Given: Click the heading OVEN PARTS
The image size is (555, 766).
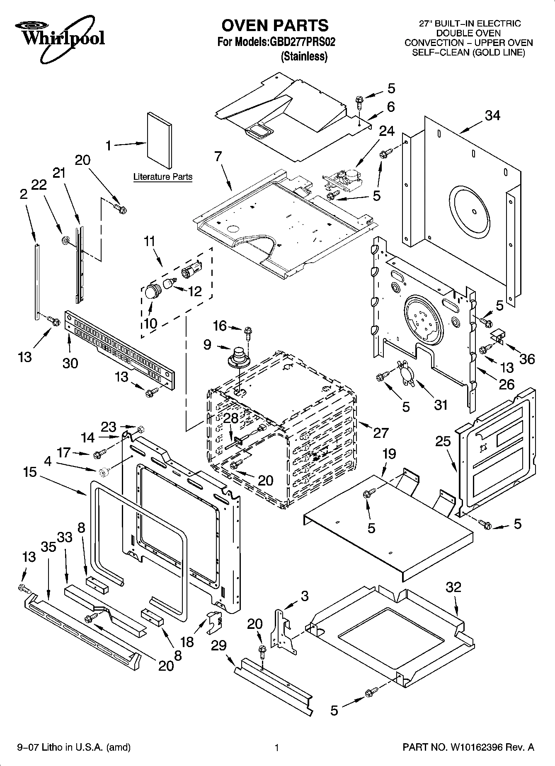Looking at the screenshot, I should pos(274,26).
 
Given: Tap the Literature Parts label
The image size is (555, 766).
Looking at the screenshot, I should pos(162,177).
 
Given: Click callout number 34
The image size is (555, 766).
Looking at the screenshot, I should pos(492,116).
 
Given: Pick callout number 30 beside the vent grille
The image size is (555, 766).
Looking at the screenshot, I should pos(70,363).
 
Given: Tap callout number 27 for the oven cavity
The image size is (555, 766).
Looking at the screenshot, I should pos(381,433).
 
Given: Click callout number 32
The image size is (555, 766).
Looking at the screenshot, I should pos(453,587).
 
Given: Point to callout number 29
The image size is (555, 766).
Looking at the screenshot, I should pos(219,645).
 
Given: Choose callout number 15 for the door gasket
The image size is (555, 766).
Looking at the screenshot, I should pos(30,472).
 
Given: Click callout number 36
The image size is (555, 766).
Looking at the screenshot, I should pos(527,358).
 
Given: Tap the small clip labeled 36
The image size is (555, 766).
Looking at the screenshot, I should pos(497,337).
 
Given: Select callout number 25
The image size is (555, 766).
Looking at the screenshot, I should pos(443,441).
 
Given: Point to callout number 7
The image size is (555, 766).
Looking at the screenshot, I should pos(218,157).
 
